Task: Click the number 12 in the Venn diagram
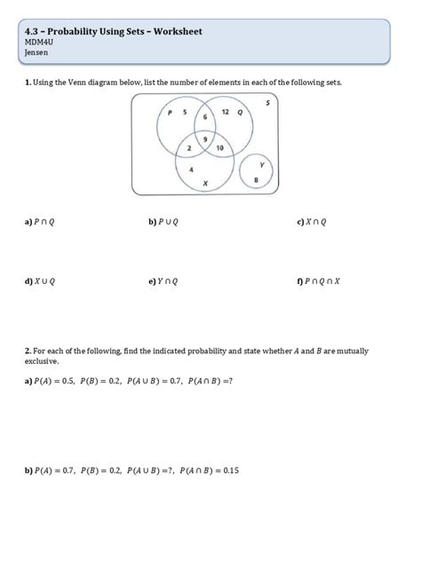coord(225,112)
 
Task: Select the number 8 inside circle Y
coord(256,180)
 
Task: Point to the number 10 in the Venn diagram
coord(219,147)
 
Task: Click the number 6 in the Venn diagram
coord(205,117)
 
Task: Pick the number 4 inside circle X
coord(192,168)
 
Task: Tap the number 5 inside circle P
coord(185,112)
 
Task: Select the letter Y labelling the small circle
coord(261,165)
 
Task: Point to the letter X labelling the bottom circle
coord(205,183)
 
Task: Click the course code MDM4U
coord(39,42)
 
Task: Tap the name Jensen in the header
coord(37,52)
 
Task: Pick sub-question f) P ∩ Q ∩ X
coord(318,281)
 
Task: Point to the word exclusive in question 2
coord(41,361)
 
